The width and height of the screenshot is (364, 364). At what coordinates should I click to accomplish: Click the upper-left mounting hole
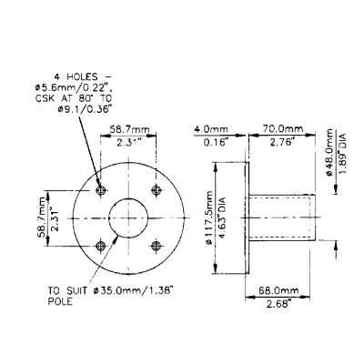point(100,190)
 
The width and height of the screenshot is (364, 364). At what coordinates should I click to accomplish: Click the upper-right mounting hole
point(157,190)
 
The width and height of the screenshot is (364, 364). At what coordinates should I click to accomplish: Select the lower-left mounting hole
point(100,246)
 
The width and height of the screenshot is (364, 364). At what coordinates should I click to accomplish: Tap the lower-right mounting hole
point(157,246)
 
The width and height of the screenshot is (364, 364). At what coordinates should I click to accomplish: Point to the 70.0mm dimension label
point(283,128)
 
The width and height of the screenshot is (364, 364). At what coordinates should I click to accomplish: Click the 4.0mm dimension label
point(211,129)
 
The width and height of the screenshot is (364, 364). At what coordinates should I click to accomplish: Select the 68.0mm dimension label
point(278,290)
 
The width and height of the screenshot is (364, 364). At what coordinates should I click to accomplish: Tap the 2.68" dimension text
point(278,303)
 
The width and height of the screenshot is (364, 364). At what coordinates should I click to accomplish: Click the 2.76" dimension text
point(282,142)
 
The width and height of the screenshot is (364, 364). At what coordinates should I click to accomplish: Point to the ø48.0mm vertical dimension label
point(330,152)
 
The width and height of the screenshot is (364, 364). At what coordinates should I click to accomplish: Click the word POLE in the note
point(60,302)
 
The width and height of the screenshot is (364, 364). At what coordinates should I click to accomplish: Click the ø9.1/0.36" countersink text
point(83,109)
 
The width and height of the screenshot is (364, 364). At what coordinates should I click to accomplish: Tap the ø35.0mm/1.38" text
point(133,291)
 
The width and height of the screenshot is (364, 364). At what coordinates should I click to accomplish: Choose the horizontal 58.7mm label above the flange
point(130,129)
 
